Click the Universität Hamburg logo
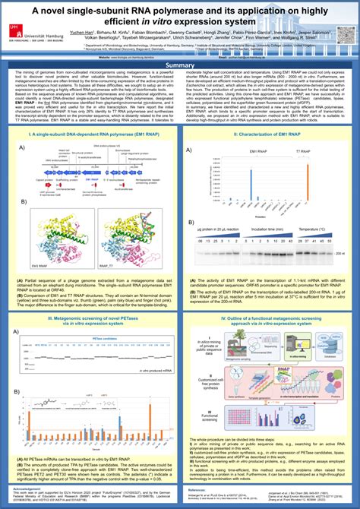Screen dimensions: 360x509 tap(27, 28)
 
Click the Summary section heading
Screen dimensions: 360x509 tap(180, 65)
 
